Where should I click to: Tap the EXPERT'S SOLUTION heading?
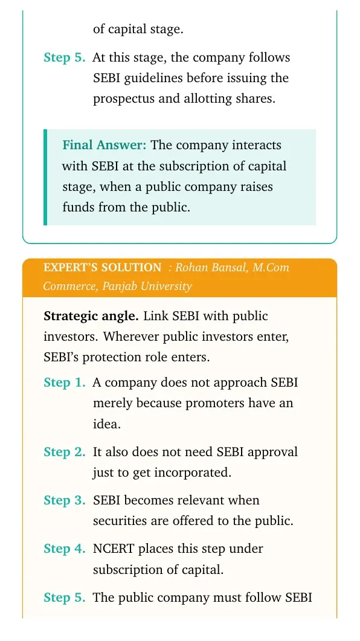tap(102, 268)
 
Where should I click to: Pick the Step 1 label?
tap(65, 382)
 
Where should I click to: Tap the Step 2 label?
tap(65, 452)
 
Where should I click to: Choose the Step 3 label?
tap(65, 500)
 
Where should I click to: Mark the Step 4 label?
tap(65, 549)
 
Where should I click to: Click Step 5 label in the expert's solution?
tap(65, 598)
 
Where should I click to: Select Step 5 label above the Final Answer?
tap(65, 57)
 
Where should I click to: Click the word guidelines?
tap(153, 79)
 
